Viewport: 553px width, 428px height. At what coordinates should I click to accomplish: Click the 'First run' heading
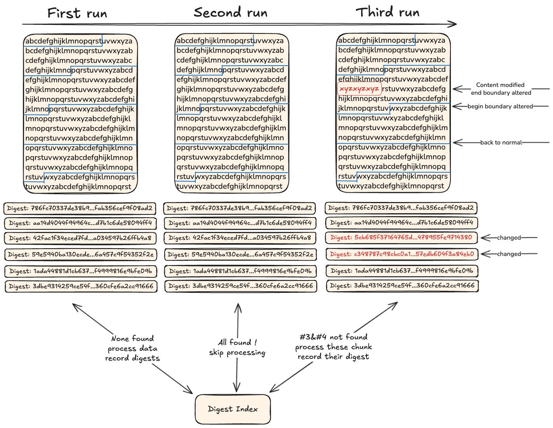point(77,13)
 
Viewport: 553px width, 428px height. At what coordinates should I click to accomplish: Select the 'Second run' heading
point(231,12)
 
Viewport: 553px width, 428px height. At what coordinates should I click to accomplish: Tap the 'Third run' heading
point(388,12)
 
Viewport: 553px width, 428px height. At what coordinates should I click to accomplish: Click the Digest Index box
point(233,409)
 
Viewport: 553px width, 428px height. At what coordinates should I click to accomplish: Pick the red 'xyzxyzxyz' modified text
point(359,89)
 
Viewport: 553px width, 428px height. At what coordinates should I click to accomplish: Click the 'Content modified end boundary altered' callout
point(501,89)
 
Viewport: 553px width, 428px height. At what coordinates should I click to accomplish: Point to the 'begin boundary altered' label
point(500,106)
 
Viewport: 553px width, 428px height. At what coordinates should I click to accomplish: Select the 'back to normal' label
point(501,143)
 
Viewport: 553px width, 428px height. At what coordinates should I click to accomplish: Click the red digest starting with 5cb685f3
point(401,237)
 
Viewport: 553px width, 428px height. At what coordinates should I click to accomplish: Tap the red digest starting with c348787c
point(402,254)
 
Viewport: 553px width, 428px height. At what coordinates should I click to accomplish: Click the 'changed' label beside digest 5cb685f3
point(509,238)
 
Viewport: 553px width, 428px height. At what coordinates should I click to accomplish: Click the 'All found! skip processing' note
point(237,347)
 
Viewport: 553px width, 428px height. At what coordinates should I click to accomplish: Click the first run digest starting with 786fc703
point(80,208)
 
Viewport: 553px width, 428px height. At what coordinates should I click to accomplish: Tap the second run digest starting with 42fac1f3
point(240,238)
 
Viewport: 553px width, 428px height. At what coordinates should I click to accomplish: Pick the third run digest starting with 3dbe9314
point(402,285)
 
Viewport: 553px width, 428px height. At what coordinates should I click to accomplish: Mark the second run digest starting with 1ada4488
point(240,271)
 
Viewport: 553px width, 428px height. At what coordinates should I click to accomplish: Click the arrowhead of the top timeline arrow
point(454,24)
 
